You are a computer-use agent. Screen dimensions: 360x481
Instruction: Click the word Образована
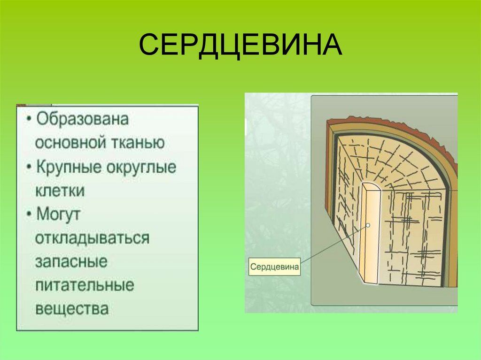click(x=83, y=119)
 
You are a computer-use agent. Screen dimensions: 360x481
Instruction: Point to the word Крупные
click(x=72, y=168)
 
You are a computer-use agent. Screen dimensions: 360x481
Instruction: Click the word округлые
click(x=143, y=168)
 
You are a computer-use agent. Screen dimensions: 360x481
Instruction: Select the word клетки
click(x=60, y=191)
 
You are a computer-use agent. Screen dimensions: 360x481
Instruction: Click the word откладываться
click(x=92, y=238)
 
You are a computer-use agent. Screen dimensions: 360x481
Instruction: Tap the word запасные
click(x=71, y=261)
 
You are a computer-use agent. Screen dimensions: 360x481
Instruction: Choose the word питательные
click(x=85, y=285)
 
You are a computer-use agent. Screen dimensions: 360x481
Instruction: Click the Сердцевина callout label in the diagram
click(x=274, y=267)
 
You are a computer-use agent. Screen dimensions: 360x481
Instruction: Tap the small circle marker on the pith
click(x=368, y=226)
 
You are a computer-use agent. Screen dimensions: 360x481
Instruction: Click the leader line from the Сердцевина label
click(x=334, y=246)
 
